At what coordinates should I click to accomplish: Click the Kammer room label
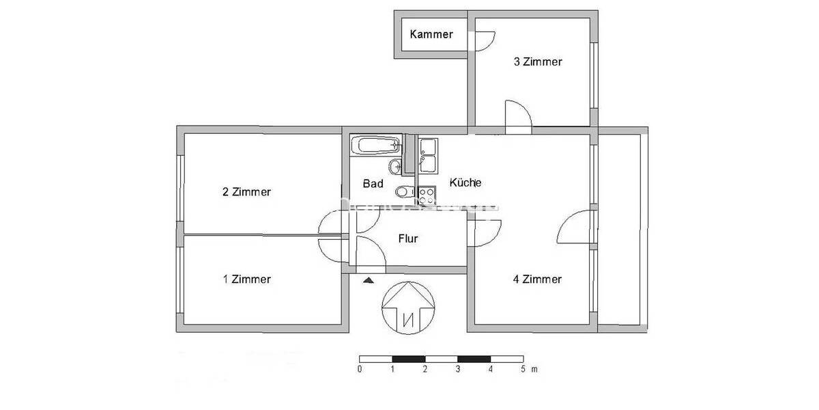[x=431, y=34]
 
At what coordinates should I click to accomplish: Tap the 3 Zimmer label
[x=538, y=62]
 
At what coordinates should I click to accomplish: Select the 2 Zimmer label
[x=246, y=192]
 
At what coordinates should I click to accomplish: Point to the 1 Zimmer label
[x=246, y=279]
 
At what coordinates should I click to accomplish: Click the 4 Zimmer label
[x=538, y=279]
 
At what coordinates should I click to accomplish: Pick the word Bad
[x=373, y=184]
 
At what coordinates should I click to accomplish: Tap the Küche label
[x=465, y=183]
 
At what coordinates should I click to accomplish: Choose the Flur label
[x=407, y=239]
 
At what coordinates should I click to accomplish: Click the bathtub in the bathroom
[x=375, y=145]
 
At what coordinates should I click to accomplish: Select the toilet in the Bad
[x=403, y=191]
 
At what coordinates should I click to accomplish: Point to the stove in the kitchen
[x=427, y=196]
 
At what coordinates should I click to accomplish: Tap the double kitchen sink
[x=428, y=156]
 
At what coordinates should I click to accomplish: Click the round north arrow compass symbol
[x=408, y=307]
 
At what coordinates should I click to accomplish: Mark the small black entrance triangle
[x=369, y=279]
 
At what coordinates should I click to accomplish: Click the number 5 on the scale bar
[x=523, y=370]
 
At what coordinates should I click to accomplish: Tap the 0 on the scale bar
[x=360, y=370]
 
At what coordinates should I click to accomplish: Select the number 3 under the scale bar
[x=457, y=370]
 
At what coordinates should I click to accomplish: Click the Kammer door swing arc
[x=486, y=41]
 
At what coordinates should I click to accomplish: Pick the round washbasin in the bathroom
[x=394, y=167]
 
